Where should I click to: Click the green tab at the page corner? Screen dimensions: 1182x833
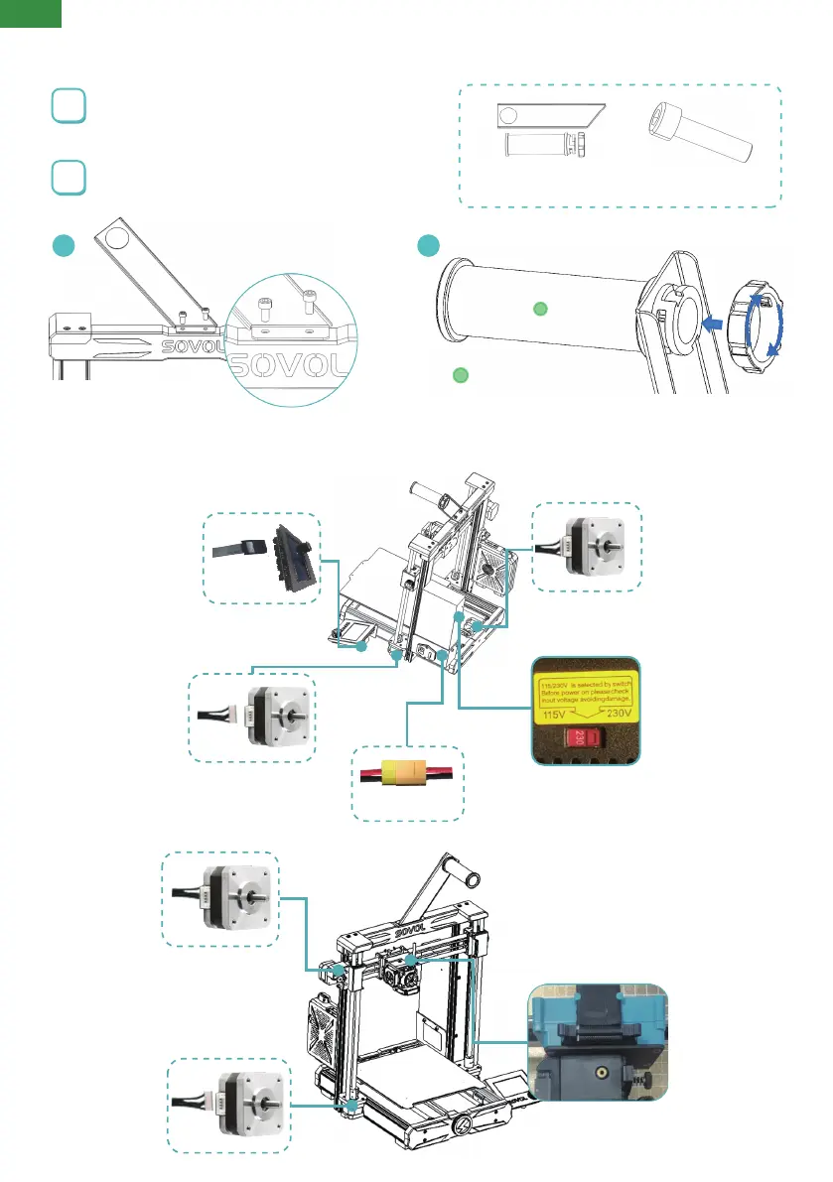click(x=31, y=13)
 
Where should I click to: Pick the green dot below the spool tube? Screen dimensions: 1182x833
click(x=460, y=375)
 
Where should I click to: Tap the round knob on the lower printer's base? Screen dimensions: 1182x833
click(x=460, y=1128)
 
